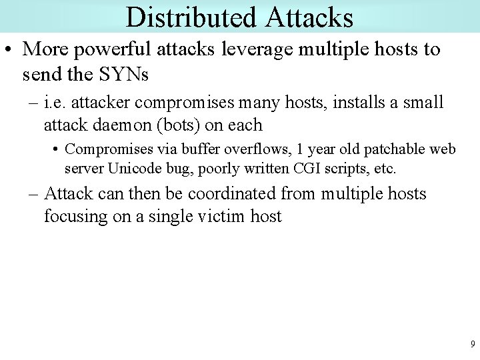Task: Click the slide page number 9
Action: click(x=473, y=345)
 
